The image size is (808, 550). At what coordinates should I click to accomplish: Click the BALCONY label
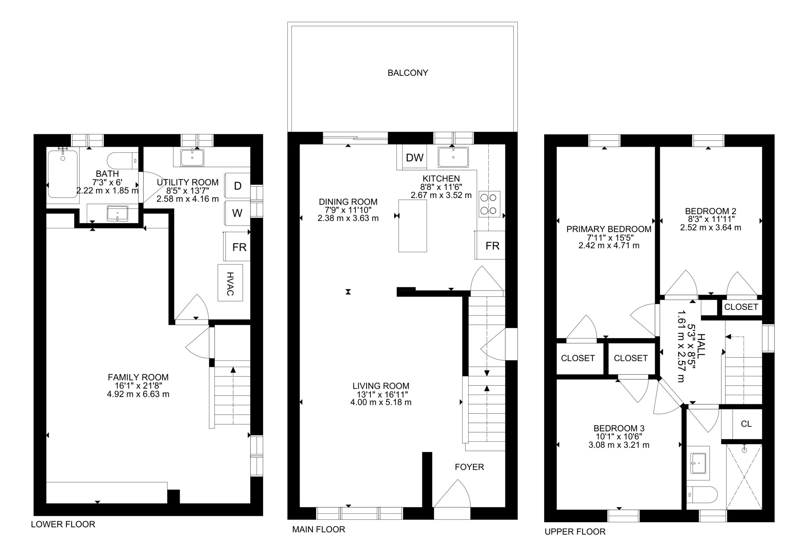pos(408,73)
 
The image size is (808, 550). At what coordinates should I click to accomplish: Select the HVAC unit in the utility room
pos(230,283)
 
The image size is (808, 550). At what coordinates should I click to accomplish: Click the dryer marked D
pos(238,186)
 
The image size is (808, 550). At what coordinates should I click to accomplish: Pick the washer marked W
pos(238,213)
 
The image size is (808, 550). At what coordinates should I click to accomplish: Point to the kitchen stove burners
pos(489,204)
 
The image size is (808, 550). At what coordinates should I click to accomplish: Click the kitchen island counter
pos(413,226)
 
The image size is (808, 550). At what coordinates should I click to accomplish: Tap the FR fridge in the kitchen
pos(490,245)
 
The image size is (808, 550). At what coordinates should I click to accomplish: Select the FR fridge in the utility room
pos(237,246)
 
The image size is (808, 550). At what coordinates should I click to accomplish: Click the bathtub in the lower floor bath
pos(63,174)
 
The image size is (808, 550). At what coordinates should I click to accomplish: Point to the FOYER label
pos(469,467)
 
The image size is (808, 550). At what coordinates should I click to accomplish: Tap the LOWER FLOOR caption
pos(63,524)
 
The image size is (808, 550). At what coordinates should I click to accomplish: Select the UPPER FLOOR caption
pos(575,532)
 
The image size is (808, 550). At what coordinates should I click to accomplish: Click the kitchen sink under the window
pos(453,157)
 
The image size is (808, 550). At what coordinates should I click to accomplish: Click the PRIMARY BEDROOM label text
pos(609,229)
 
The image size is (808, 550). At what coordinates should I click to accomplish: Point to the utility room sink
pos(192,158)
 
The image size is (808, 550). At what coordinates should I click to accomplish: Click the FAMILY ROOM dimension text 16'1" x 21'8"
pos(138,386)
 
